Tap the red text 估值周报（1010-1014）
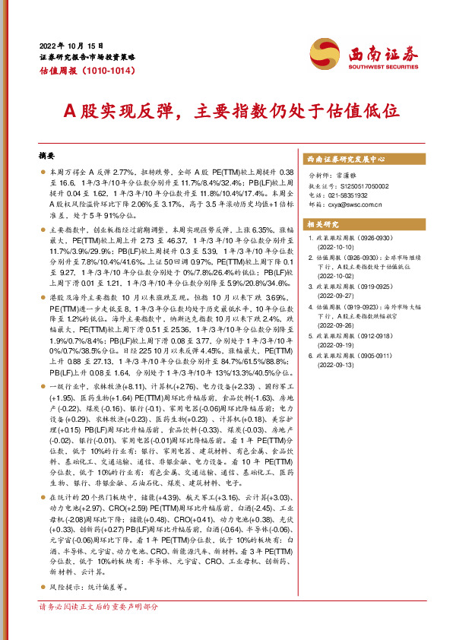coord(87,72)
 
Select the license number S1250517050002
coord(360,185)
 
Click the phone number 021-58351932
coord(350,195)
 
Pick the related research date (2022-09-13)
coord(335,366)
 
